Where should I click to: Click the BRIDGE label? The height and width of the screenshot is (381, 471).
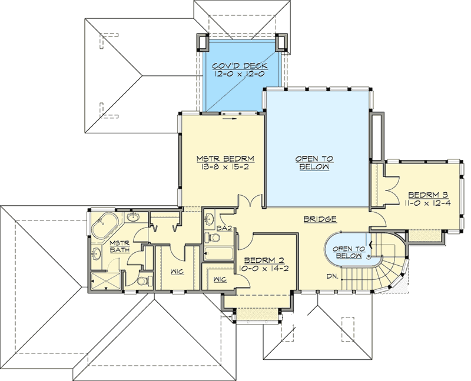coord(320,219)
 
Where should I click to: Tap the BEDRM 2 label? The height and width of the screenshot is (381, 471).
coord(263,259)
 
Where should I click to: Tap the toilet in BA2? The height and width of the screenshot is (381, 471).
coord(213,238)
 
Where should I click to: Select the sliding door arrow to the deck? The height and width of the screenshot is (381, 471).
coord(230,117)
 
